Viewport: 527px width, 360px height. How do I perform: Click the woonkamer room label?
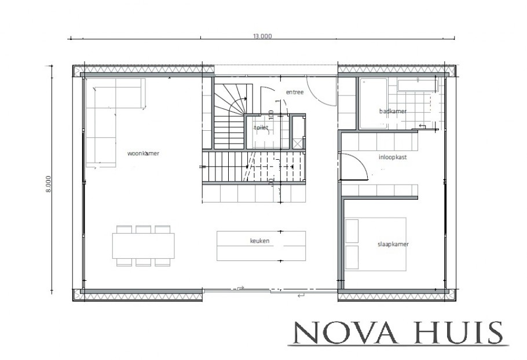coord(143,153)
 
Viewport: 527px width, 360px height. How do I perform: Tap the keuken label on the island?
coord(260,240)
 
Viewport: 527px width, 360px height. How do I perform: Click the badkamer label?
coord(393,111)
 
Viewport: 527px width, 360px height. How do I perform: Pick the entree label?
coord(294,93)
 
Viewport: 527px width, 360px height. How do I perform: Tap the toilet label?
coord(261,128)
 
